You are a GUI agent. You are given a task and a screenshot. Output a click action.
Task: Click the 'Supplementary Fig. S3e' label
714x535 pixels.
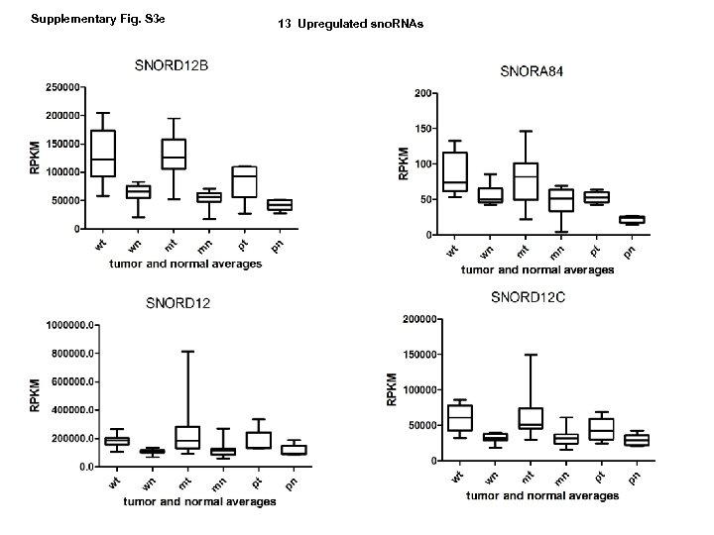point(76,19)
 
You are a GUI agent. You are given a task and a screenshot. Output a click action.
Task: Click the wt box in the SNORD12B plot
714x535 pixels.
point(103,153)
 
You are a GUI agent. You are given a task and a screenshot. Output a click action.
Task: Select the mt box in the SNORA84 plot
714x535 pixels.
point(526,181)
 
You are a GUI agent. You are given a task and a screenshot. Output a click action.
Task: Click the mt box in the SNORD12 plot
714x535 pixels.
point(185,437)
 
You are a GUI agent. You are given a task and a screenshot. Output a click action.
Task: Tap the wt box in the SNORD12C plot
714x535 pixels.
point(459,417)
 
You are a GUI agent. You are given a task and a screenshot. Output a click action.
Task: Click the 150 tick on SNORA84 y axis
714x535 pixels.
point(422,129)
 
